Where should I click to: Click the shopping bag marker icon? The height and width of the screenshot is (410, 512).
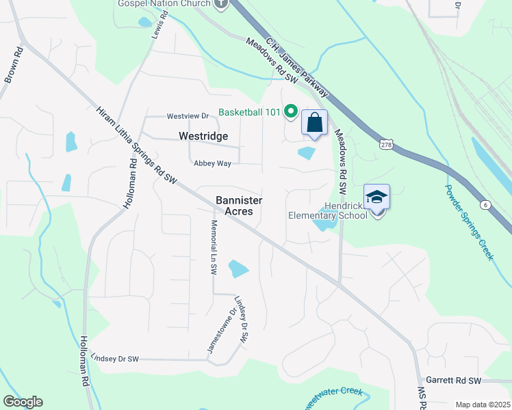pyautogui.click(x=314, y=124)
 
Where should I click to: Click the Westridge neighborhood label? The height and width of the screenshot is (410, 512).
pyautogui.click(x=203, y=136)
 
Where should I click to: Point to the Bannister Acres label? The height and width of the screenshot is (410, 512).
pyautogui.click(x=235, y=206)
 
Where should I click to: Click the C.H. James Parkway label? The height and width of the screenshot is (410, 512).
pyautogui.click(x=298, y=66)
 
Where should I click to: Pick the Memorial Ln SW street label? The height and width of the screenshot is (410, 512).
pyautogui.click(x=214, y=247)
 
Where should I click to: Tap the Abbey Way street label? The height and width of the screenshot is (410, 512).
pyautogui.click(x=212, y=163)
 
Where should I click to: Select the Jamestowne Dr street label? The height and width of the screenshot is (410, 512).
pyautogui.click(x=222, y=331)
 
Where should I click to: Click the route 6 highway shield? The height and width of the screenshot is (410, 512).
pyautogui.click(x=486, y=205)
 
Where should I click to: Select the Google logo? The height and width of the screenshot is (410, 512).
pyautogui.click(x=23, y=402)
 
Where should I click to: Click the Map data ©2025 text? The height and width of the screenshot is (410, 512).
pyautogui.click(x=482, y=405)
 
